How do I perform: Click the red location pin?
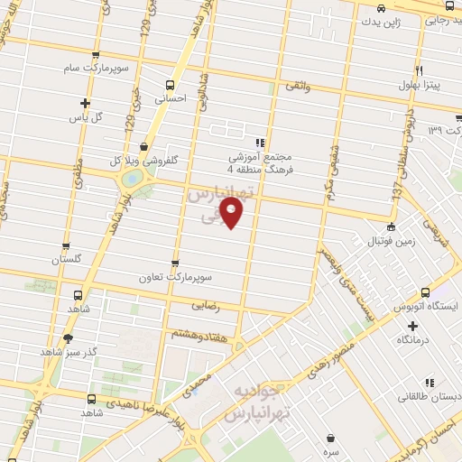coord(233,213)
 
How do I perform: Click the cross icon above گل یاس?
coord(86,103)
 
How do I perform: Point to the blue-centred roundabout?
coord(133,180)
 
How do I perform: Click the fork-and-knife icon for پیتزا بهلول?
coord(419,70)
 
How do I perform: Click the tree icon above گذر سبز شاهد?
coord(68,338)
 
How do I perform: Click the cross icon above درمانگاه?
coord(413,326)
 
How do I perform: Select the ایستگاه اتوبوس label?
coord(424,307)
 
